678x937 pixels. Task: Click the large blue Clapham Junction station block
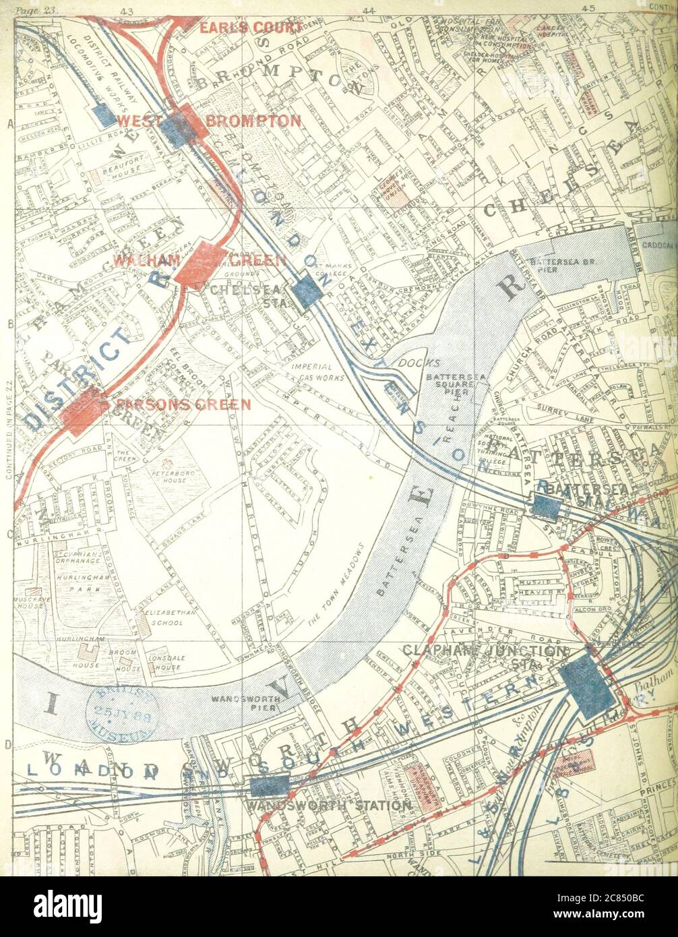click(x=588, y=686)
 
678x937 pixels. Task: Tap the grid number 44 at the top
click(x=368, y=10)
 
